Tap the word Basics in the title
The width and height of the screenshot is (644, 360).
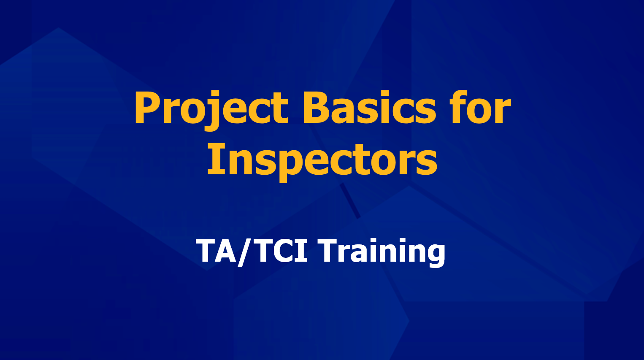point(369,107)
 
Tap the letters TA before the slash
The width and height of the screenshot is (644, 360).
point(216,251)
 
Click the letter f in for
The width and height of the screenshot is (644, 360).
point(462,107)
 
